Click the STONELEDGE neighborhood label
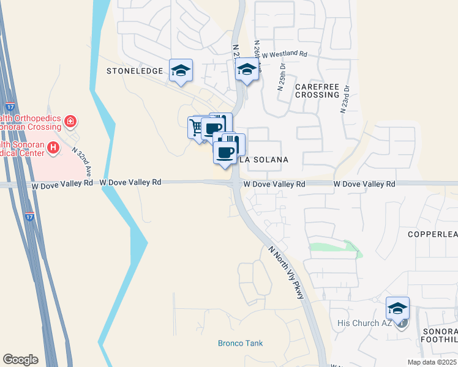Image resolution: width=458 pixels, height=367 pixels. [x=135, y=71]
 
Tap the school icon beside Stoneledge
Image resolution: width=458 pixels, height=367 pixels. [x=181, y=71]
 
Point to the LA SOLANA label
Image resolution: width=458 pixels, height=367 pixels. [x=263, y=159]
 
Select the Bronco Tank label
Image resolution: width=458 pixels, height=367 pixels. [x=240, y=343]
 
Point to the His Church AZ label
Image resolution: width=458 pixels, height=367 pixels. [x=364, y=322]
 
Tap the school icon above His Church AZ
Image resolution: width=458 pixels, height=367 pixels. [x=397, y=309]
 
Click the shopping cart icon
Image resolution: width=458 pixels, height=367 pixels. [x=196, y=127]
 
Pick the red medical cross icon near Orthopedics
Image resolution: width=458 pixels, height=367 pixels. [x=71, y=121]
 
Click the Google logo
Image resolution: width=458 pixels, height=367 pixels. [x=20, y=360]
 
